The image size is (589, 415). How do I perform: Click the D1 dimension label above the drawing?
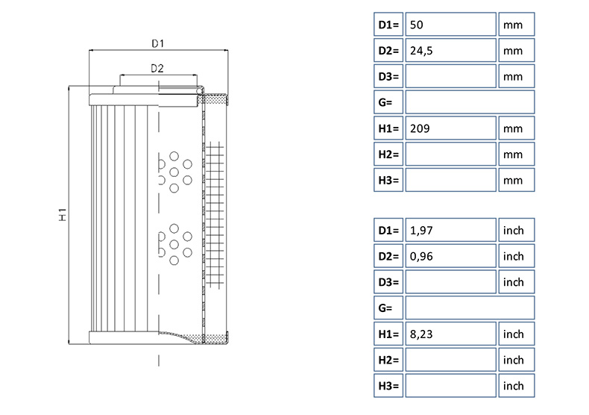pyautogui.click(x=157, y=43)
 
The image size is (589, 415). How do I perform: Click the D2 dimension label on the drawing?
pyautogui.click(x=157, y=69)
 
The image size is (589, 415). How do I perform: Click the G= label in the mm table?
pyautogui.click(x=388, y=102)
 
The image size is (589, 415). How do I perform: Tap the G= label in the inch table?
pyautogui.click(x=388, y=308)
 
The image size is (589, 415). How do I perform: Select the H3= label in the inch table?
pyautogui.click(x=388, y=386)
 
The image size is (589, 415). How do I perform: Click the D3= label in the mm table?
pyautogui.click(x=388, y=76)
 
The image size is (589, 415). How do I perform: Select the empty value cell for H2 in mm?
pyautogui.click(x=451, y=154)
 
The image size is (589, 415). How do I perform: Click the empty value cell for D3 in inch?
pyautogui.click(x=451, y=282)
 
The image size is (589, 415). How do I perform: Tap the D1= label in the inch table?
pyautogui.click(x=388, y=231)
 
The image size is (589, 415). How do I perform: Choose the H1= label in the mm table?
pyautogui.click(x=388, y=128)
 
